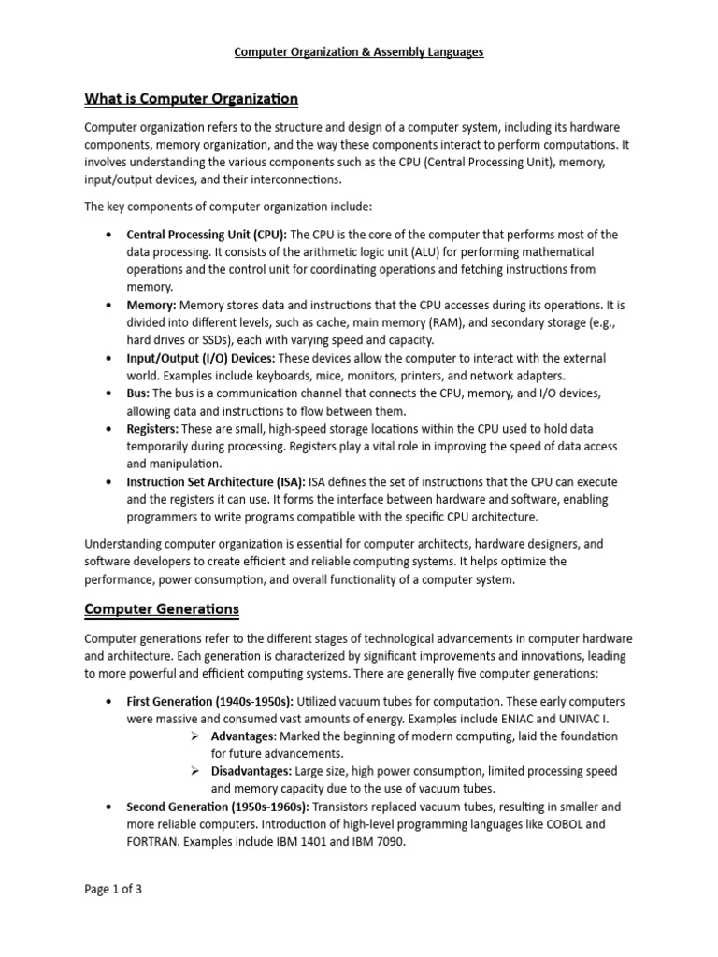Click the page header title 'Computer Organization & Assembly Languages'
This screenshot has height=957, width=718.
359,52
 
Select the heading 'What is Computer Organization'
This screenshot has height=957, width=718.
191,98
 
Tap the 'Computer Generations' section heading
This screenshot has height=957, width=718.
162,609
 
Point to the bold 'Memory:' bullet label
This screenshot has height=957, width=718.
151,306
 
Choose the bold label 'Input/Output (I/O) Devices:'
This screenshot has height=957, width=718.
200,359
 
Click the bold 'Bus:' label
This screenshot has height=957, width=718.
138,393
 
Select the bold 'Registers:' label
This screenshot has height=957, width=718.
153,429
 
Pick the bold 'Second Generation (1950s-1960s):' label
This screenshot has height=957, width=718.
218,807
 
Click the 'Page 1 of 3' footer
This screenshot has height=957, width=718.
113,890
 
